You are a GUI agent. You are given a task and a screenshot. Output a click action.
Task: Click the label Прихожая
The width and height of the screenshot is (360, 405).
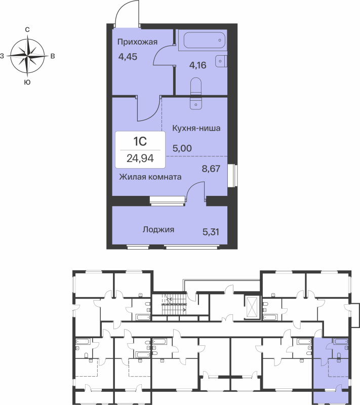pyautogui.click(x=138, y=42)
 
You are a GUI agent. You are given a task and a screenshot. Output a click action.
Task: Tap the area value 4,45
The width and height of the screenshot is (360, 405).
pyautogui.click(x=128, y=57)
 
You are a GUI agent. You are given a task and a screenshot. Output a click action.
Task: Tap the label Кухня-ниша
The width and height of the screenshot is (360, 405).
pyautogui.click(x=195, y=129)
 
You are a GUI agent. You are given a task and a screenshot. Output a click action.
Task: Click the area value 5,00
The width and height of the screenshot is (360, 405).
pyautogui.click(x=182, y=149)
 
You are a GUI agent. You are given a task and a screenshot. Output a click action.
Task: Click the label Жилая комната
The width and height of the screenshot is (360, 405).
pyautogui.click(x=150, y=177)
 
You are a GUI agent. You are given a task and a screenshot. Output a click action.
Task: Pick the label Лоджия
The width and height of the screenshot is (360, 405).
pyautogui.click(x=158, y=229)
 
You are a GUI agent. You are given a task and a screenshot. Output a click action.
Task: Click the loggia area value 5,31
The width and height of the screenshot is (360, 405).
pyautogui.click(x=211, y=232)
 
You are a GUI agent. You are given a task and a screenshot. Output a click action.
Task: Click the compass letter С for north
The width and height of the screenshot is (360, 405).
pyautogui.click(x=27, y=30)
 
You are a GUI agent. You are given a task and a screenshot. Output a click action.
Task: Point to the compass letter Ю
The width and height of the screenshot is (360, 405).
pyautogui.click(x=27, y=82)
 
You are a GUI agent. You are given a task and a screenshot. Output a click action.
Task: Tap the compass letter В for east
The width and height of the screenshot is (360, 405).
pyautogui.click(x=53, y=56)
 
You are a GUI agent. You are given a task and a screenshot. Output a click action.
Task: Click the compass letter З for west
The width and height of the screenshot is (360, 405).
pyautogui.click(x=3, y=56)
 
